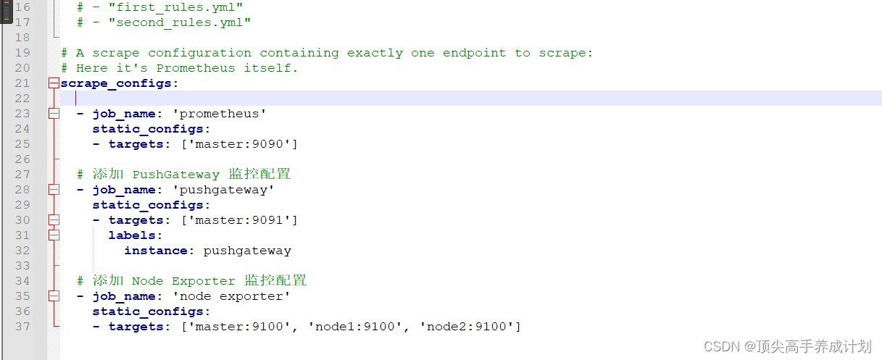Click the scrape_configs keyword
pos(116,83)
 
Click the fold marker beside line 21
pos(53,83)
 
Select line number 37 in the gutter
pos(22,327)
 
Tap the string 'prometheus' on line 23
pos(223,114)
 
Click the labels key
pos(132,235)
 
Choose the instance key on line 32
pos(156,251)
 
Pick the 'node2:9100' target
pos(467,327)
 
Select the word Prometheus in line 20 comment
pos(196,68)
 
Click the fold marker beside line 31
pos(53,235)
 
